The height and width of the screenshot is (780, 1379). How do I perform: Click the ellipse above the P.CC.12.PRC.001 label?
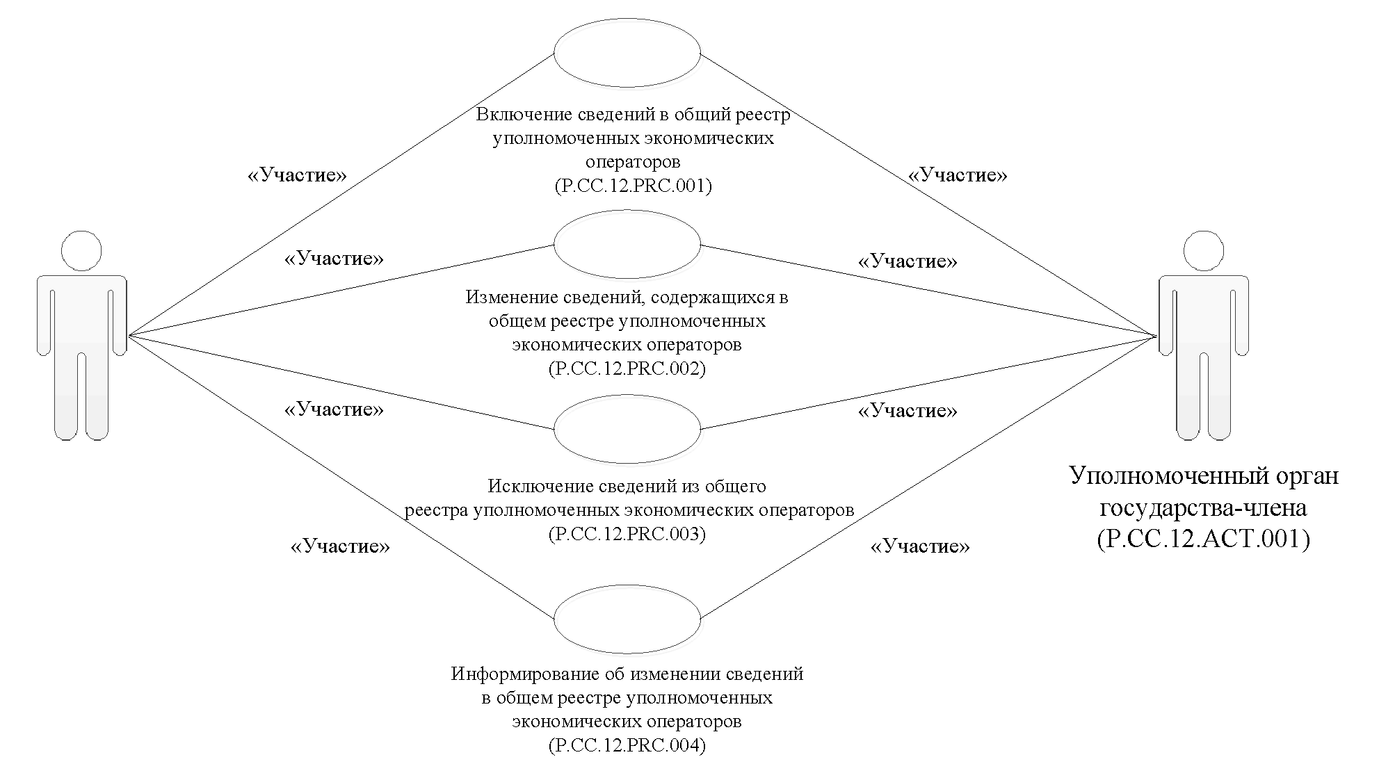click(627, 54)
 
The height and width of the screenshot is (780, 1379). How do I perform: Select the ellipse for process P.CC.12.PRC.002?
click(627, 245)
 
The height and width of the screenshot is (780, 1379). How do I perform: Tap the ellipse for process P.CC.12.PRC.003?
click(627, 429)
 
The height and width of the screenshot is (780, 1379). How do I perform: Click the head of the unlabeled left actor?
click(81, 250)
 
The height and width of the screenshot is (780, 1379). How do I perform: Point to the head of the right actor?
click(1203, 250)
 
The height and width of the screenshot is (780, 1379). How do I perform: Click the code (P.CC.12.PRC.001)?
click(633, 186)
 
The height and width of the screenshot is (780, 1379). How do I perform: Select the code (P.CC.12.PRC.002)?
click(627, 368)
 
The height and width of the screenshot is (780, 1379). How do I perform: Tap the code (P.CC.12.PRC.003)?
click(627, 534)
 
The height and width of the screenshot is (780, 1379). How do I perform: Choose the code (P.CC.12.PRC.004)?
click(627, 746)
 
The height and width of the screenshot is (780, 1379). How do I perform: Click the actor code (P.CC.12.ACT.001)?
click(1203, 539)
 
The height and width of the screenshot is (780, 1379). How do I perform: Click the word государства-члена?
click(1203, 508)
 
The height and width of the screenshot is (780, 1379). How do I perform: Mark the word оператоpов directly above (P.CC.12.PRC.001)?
click(633, 162)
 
